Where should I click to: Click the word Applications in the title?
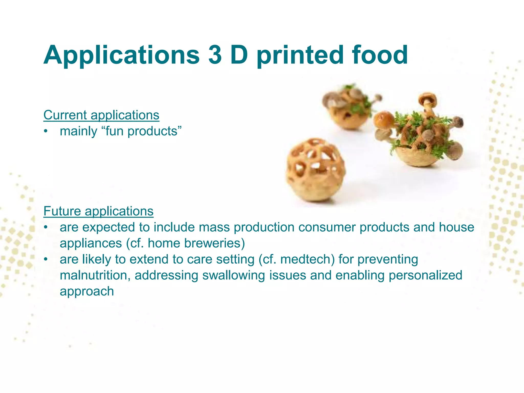(x=121, y=55)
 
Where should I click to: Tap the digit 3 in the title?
(x=215, y=55)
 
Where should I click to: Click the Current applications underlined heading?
(x=101, y=115)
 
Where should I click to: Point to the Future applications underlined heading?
(x=98, y=211)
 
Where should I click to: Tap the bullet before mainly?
(x=46, y=131)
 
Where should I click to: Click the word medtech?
(x=307, y=259)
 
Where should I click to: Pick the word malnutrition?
(x=95, y=275)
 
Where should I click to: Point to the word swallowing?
(x=233, y=275)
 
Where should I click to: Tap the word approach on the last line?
(x=87, y=291)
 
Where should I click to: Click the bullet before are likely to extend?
(x=46, y=259)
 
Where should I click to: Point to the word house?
(x=456, y=227)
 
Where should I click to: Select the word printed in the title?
(x=300, y=55)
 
